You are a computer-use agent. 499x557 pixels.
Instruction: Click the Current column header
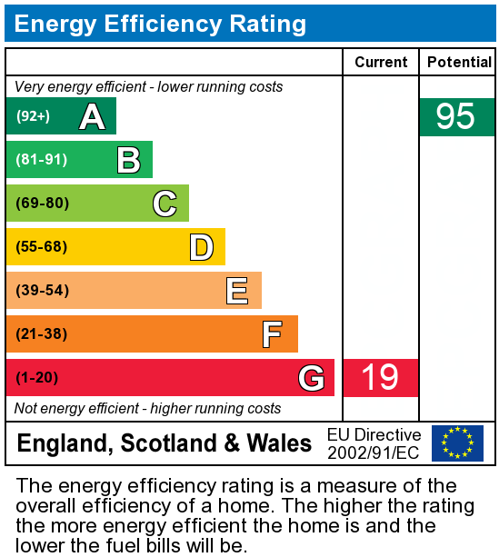(381, 62)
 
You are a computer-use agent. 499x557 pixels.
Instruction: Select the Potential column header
(459, 62)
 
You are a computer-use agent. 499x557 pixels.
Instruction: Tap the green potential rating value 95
(455, 116)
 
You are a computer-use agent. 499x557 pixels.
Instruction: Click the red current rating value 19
(380, 377)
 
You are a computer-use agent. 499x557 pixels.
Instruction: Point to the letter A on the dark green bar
(93, 116)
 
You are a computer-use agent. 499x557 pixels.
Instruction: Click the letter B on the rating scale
(129, 160)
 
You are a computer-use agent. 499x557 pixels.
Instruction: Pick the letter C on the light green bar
(165, 204)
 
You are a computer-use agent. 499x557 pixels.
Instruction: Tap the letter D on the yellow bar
(202, 247)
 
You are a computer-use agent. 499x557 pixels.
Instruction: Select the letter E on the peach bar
(237, 291)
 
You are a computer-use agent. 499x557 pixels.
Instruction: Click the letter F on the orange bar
(273, 334)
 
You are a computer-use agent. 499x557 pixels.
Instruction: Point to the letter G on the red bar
(312, 378)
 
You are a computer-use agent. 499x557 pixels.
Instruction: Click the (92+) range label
(33, 116)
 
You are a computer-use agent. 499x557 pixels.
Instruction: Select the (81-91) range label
(41, 160)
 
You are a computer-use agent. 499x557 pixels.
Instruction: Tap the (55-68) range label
(41, 246)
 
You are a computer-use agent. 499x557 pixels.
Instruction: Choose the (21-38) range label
(41, 333)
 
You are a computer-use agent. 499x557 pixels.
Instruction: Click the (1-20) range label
(36, 377)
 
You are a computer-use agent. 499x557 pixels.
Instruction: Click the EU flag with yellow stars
(457, 443)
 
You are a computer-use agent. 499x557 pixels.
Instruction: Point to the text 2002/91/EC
(374, 453)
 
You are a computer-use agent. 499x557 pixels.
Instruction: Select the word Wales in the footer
(279, 443)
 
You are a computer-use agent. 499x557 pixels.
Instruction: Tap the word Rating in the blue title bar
(267, 25)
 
